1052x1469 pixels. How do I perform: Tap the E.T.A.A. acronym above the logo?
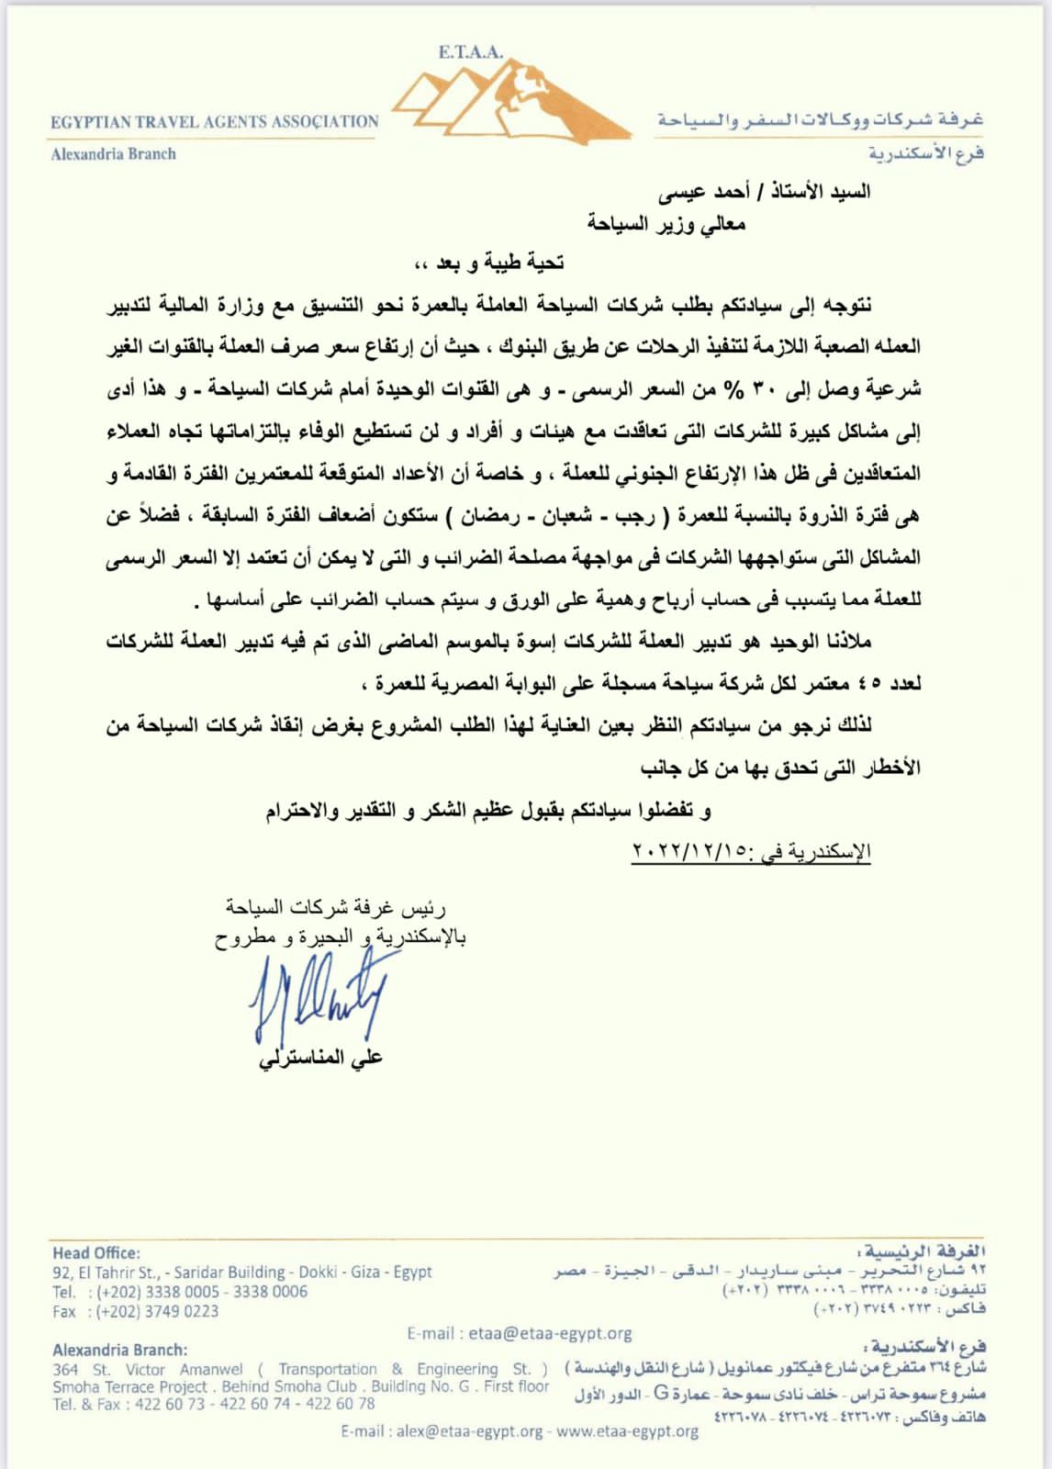470,52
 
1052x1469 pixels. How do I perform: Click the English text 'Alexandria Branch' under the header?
113,154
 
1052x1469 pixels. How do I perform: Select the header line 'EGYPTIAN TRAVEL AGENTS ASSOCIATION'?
214,121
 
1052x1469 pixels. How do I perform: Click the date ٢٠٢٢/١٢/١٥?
688,852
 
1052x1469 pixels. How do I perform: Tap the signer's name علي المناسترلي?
320,1059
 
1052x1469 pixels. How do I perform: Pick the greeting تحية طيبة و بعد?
488,264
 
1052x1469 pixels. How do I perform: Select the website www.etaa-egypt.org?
627,1430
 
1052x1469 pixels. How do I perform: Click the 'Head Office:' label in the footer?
96,1253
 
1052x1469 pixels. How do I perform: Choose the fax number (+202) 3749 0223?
157,1311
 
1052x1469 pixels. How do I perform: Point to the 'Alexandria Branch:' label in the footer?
119,1350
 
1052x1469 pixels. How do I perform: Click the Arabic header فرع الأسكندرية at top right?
926,153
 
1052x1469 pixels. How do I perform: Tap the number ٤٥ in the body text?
868,683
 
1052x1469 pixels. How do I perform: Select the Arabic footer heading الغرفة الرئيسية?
927,1251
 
